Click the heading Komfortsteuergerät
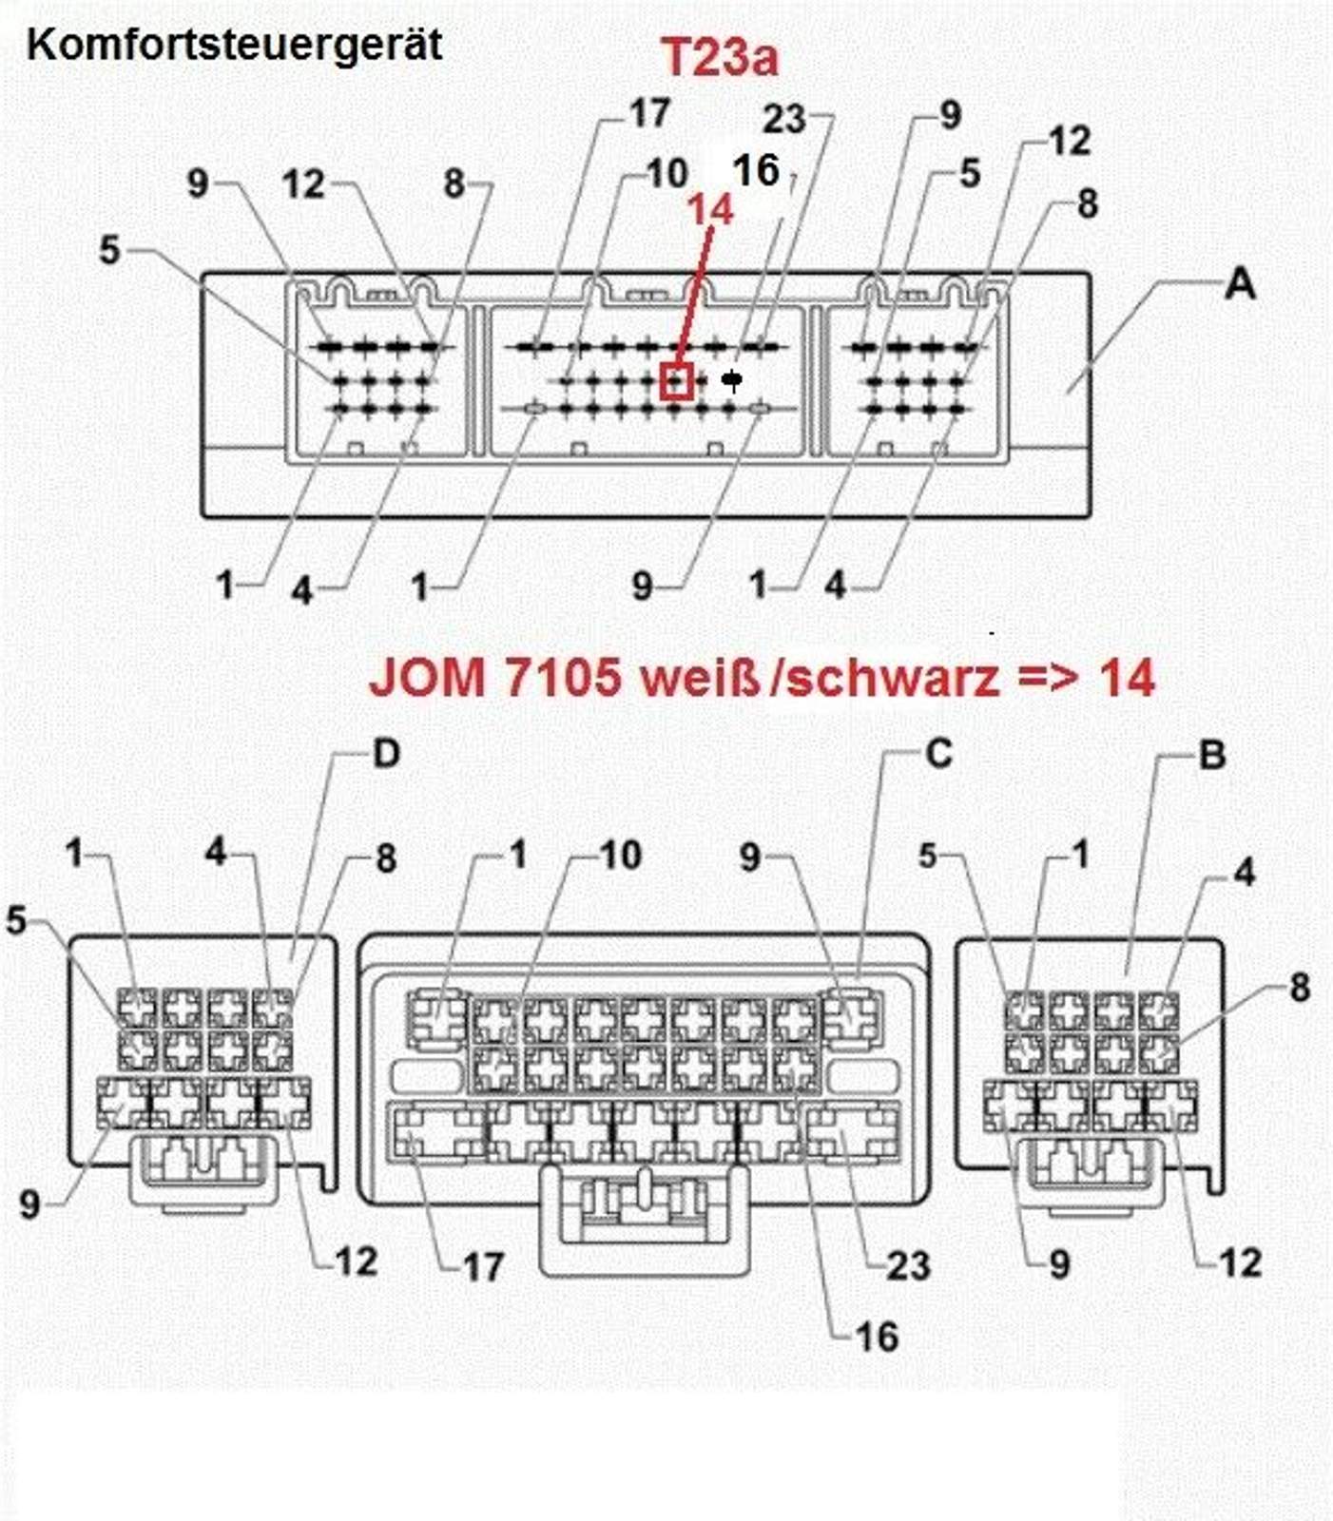coord(234,45)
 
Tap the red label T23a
coord(719,56)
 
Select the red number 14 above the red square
coord(710,209)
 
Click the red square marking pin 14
coord(676,381)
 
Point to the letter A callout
coord(1239,283)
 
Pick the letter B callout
coord(1211,755)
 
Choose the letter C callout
coord(938,753)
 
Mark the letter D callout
coord(385,753)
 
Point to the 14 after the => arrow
coord(1126,677)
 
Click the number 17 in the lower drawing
coord(481,1266)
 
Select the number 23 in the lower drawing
coord(907,1265)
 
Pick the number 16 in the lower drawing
coord(877,1337)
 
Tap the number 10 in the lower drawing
coord(621,856)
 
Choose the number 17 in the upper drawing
coord(649,113)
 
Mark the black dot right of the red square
coord(731,380)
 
